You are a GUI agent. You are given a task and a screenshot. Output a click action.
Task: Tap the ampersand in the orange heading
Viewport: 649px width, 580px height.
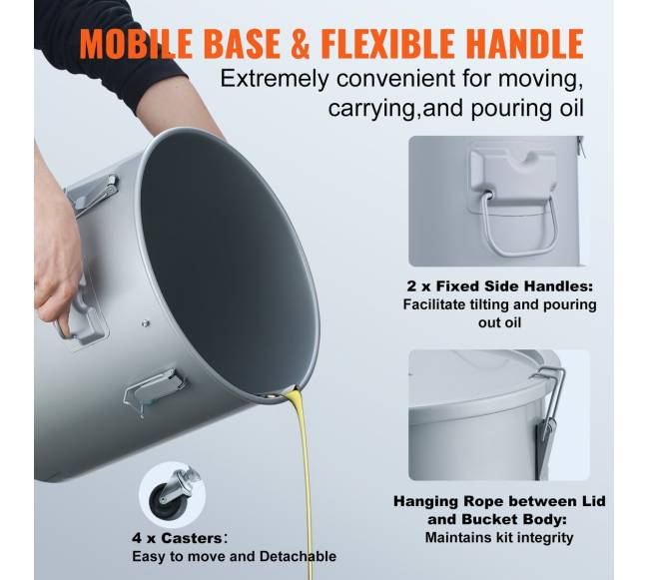(x=300, y=44)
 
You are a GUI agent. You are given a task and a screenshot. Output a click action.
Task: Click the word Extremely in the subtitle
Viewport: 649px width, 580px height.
(x=275, y=79)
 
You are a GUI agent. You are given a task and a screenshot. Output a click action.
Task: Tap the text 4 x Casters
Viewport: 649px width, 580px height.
(x=177, y=538)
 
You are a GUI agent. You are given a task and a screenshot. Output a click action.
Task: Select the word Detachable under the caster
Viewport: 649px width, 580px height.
(x=298, y=556)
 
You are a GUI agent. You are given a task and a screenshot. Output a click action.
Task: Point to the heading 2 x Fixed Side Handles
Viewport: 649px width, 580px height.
(x=499, y=287)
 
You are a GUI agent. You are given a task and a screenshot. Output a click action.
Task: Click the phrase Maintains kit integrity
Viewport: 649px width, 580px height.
(x=499, y=538)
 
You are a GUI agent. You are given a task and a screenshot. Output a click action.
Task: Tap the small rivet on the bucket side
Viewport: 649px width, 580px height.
(x=146, y=323)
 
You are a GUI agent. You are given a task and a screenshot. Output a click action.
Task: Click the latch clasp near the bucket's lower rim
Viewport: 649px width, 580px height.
(x=155, y=390)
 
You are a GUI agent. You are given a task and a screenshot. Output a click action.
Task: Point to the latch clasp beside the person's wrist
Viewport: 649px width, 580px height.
(x=93, y=196)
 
